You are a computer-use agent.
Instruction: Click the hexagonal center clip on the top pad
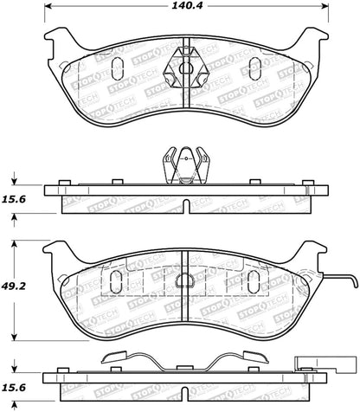[188, 66]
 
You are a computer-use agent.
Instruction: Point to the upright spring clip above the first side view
[188, 164]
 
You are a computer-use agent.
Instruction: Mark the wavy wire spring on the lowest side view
[188, 357]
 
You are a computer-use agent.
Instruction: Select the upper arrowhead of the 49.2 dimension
[13, 242]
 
